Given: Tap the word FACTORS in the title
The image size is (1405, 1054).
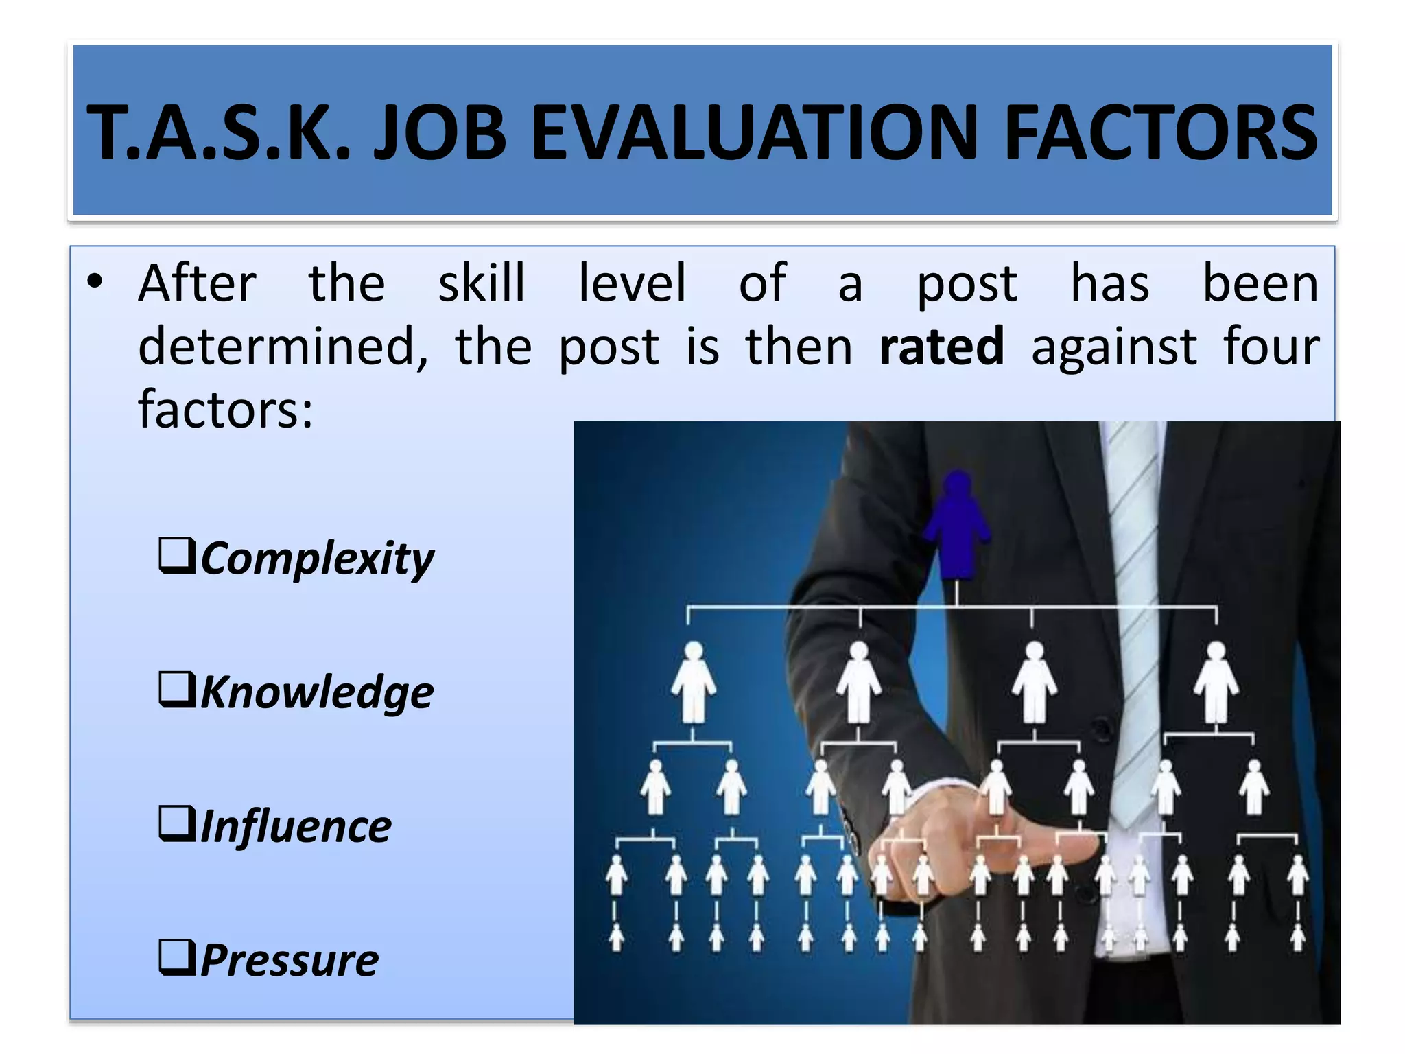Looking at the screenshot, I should point(1161,132).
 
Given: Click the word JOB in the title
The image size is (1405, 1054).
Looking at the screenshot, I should point(440,132).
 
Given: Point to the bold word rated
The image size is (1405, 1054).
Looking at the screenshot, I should point(941,347).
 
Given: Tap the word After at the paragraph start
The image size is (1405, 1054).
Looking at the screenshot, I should point(198,283).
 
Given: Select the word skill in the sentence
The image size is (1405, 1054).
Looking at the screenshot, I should point(482,283).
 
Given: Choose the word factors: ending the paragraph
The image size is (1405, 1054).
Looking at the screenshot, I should point(226,410).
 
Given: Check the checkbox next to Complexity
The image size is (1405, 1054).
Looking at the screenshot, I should point(177,556).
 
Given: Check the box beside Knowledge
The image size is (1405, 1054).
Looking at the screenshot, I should point(177,690).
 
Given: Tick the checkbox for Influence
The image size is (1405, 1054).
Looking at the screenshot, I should point(177,823).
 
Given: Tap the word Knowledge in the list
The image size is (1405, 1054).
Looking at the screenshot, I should point(317,692).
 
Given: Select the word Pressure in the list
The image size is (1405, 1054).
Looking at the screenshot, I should point(290,959).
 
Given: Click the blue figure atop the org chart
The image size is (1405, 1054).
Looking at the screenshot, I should point(957,525).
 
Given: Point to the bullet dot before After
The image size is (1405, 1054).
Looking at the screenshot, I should point(95,282).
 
